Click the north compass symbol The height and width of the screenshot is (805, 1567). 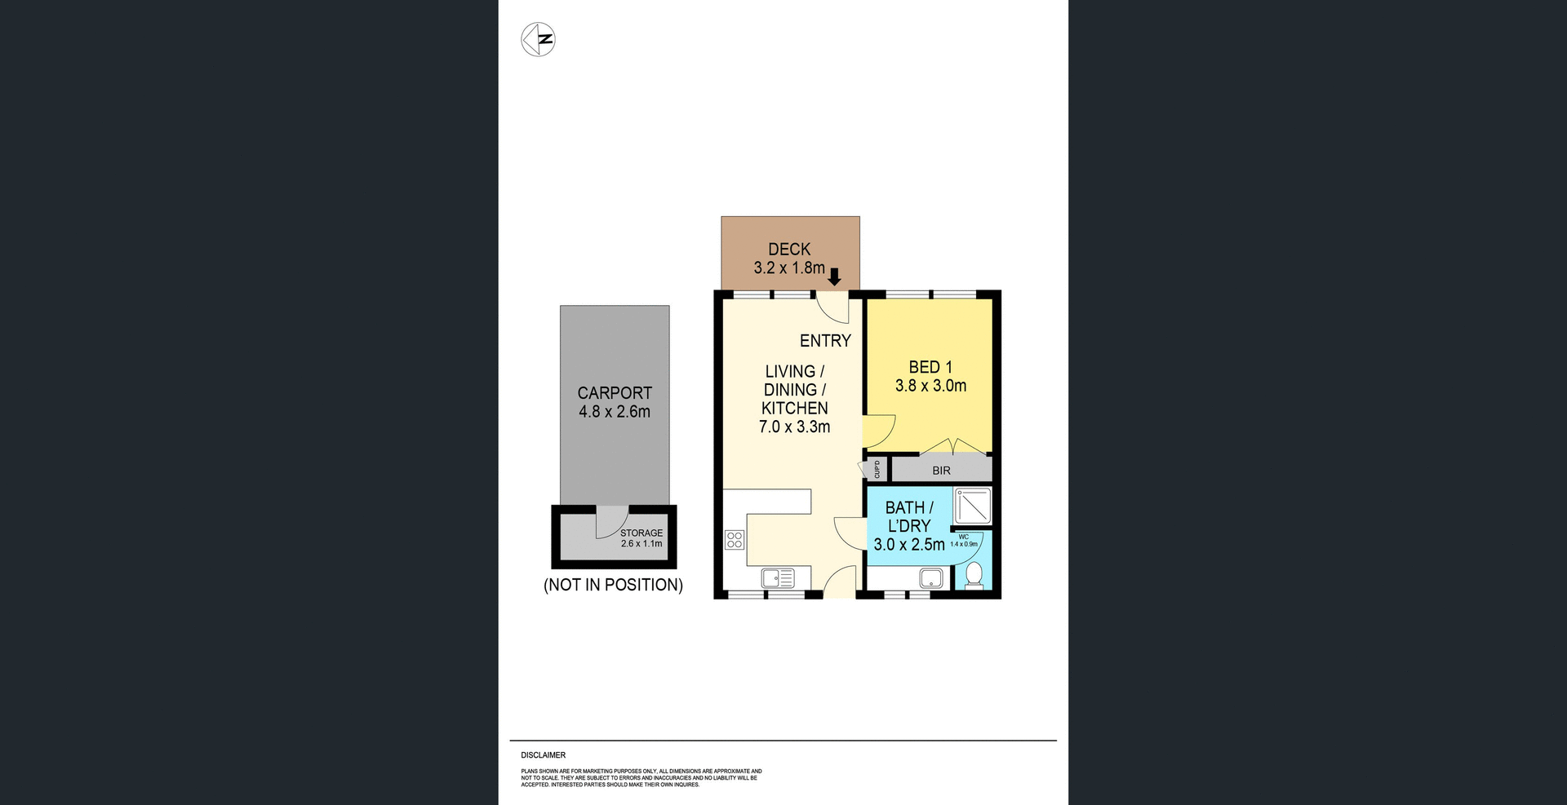(x=538, y=39)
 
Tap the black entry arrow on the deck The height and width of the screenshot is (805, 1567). (x=834, y=277)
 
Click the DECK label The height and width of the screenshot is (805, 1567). (x=789, y=250)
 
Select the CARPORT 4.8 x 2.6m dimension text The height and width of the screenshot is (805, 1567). (x=615, y=412)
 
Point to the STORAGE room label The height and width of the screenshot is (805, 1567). (x=641, y=533)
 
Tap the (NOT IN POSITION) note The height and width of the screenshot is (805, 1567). (x=613, y=585)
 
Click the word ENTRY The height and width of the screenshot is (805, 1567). (x=825, y=341)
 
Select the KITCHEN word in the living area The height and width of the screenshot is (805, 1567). (x=794, y=408)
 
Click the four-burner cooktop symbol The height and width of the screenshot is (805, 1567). (x=734, y=539)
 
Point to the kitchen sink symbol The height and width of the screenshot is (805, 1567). (x=777, y=578)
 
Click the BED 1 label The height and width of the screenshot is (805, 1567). (x=930, y=368)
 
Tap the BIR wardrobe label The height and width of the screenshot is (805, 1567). (x=941, y=471)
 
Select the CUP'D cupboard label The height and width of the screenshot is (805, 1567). (x=877, y=470)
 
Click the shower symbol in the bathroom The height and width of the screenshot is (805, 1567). (x=973, y=506)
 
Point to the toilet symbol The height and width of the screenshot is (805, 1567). (x=974, y=576)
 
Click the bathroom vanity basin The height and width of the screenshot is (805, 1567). (x=931, y=579)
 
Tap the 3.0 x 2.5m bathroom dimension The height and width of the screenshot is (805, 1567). (x=908, y=545)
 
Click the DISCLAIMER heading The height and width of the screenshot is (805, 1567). (x=543, y=755)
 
